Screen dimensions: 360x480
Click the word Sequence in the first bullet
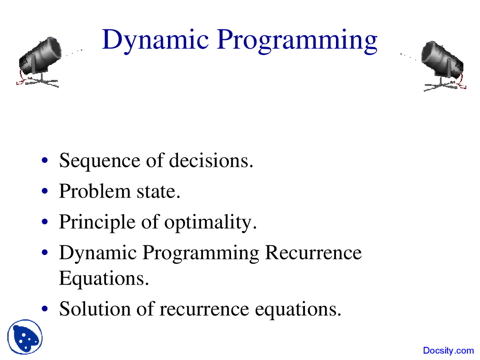tap(99, 161)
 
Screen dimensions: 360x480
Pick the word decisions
tap(211, 160)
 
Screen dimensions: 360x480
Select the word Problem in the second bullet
tap(94, 191)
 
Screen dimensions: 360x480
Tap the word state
tap(158, 192)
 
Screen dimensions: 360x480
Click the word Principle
tap(97, 222)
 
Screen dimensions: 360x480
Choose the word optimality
tap(210, 222)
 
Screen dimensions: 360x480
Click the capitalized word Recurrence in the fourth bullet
tap(313, 252)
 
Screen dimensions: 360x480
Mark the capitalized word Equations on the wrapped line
tap(104, 279)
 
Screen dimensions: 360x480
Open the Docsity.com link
tap(448, 351)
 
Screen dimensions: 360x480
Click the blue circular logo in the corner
tap(25, 337)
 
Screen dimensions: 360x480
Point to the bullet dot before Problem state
tap(45, 191)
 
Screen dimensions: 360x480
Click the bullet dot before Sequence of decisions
tap(45, 160)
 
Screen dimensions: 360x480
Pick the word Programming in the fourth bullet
tap(201, 253)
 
